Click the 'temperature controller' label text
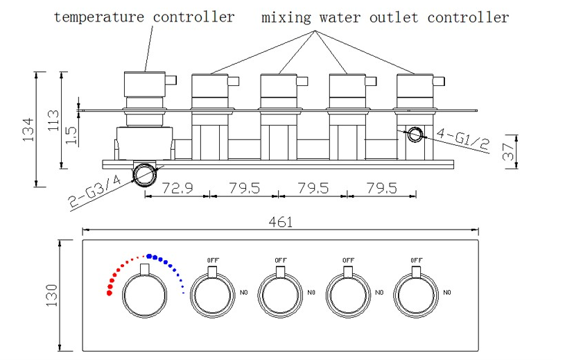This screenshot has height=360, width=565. point(144,17)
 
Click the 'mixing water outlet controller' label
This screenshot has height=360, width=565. point(385,17)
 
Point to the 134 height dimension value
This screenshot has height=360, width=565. point(28,129)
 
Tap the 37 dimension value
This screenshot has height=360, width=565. point(509,153)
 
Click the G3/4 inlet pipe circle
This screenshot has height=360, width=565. point(145,174)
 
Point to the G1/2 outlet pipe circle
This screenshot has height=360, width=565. point(415,135)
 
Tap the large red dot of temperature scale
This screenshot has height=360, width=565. point(109,293)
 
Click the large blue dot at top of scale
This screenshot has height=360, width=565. point(150,255)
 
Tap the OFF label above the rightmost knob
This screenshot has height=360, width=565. point(416,259)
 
